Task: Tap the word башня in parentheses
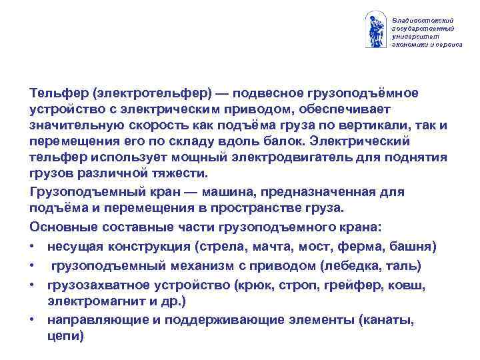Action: click(413, 247)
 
